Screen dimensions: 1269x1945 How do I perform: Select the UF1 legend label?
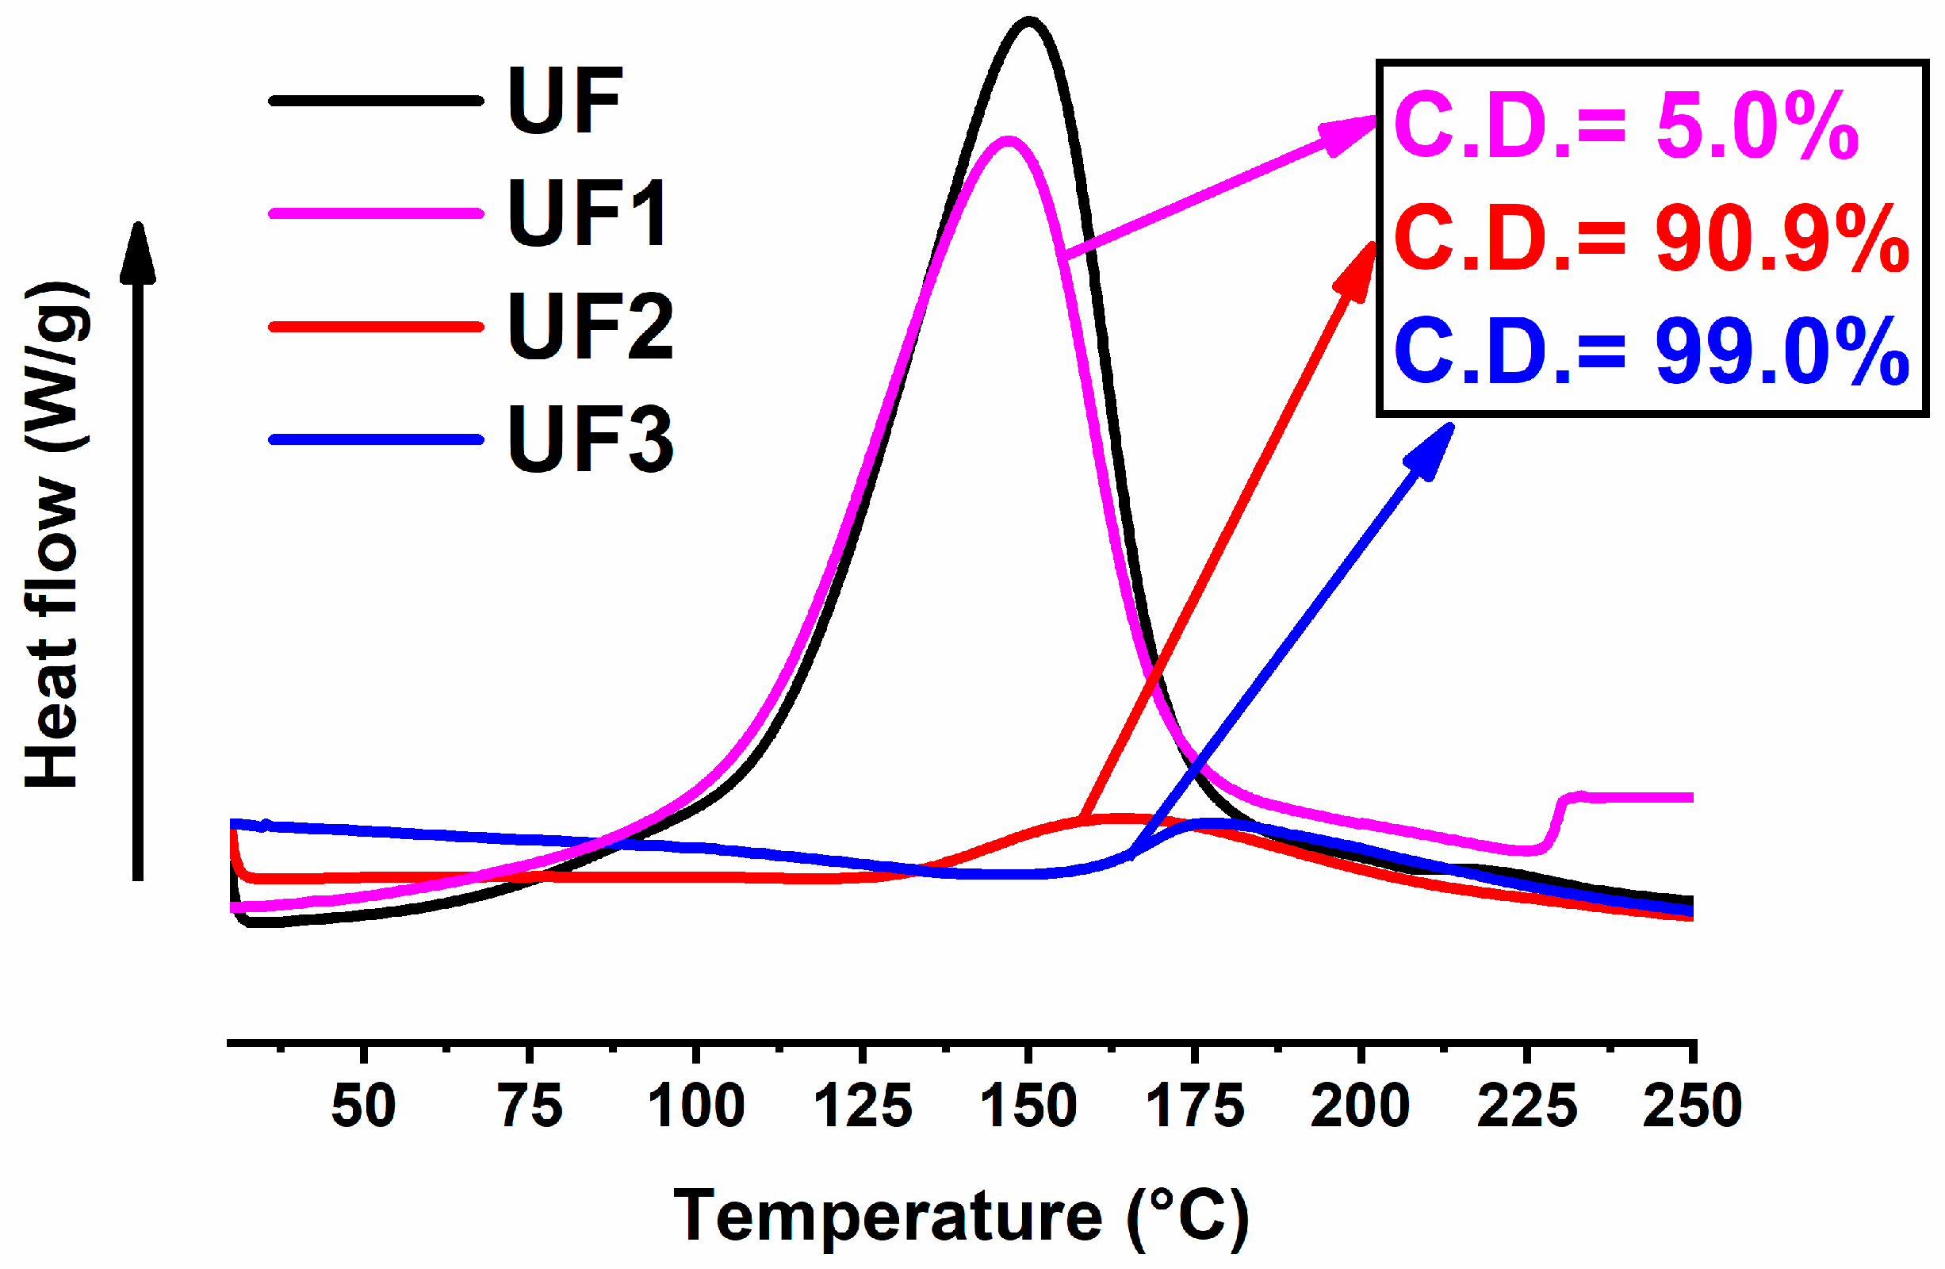pos(588,213)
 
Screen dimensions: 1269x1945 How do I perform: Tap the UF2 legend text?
pos(590,326)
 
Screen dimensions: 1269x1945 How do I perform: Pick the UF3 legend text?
pos(590,439)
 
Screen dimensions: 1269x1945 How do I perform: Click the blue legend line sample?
pos(376,440)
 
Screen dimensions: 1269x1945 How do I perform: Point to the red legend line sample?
pos(376,327)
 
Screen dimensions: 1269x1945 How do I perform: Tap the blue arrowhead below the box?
pos(1433,450)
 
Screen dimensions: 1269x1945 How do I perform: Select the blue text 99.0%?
pos(1782,351)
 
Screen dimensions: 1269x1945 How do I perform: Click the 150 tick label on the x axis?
pos(1029,1106)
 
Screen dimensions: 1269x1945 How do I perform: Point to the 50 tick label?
pos(364,1106)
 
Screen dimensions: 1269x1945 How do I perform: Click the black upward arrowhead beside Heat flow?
pos(138,254)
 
